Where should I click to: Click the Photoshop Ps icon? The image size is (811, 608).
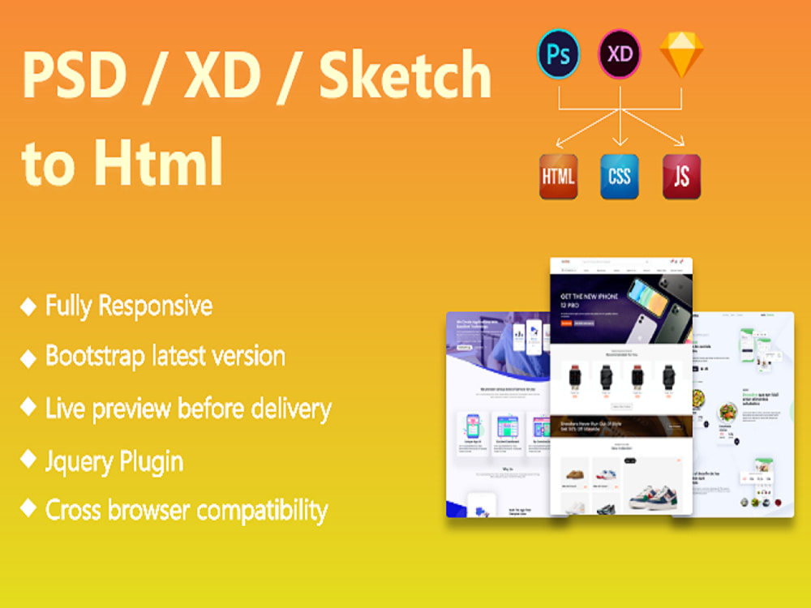pos(559,54)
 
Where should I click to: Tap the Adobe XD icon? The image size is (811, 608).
pos(620,54)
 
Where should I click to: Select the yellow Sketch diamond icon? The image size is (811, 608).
pos(680,54)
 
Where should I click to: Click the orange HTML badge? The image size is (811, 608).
pos(559,176)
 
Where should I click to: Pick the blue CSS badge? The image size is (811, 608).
pos(620,176)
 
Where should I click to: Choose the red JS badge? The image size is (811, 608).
pos(681,176)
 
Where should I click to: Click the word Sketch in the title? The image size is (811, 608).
pos(405,75)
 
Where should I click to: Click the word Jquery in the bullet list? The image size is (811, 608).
pos(78,462)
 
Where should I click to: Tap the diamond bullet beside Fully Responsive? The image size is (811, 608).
pos(28,306)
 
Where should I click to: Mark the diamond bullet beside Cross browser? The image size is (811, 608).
pos(28,509)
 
